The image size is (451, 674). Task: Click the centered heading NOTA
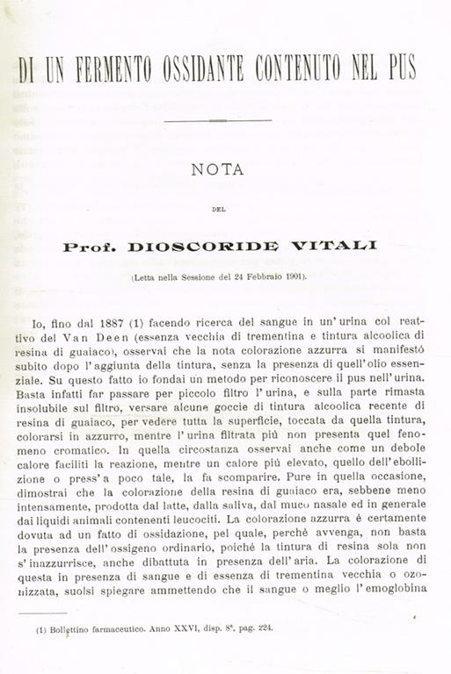pos(217,170)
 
